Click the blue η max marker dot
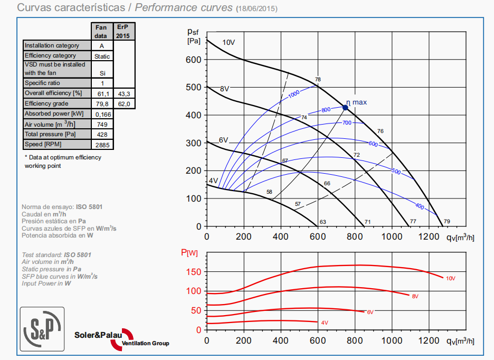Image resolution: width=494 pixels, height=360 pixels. coord(345,108)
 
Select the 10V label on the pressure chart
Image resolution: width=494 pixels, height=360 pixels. coord(228,42)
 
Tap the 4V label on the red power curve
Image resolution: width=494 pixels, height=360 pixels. coord(324,322)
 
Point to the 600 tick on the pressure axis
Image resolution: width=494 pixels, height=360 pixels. coord(193,60)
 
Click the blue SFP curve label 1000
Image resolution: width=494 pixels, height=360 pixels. coord(294,94)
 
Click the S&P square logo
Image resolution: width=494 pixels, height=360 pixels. coord(42,329)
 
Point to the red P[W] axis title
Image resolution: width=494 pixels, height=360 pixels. coord(189,253)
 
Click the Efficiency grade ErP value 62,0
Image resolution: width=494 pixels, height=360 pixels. coord(124,104)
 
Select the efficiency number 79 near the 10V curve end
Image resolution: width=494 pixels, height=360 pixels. coord(446,221)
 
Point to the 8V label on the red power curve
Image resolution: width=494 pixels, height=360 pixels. coord(415,296)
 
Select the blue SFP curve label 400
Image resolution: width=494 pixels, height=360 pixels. coord(420,206)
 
